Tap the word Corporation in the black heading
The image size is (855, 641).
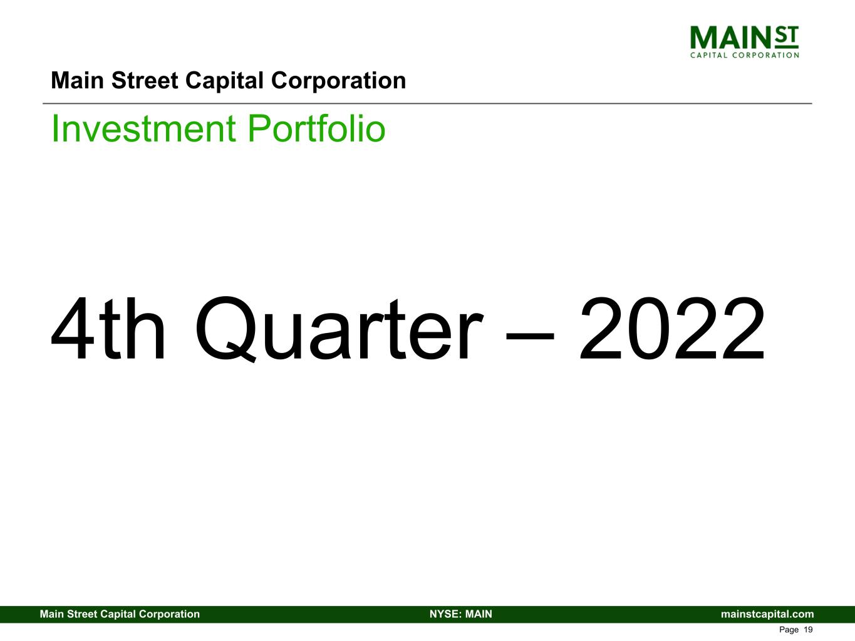tap(338, 81)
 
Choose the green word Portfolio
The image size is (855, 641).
tap(316, 128)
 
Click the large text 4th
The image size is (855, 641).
tap(108, 330)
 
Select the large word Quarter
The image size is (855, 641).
tap(338, 330)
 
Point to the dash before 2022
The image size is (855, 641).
tap(530, 333)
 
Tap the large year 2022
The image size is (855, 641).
tap(671, 330)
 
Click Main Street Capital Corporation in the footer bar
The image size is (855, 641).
tap(120, 614)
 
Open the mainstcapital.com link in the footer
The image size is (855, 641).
tap(767, 614)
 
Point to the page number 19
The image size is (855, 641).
tap(808, 630)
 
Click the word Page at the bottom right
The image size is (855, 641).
tap(789, 630)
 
